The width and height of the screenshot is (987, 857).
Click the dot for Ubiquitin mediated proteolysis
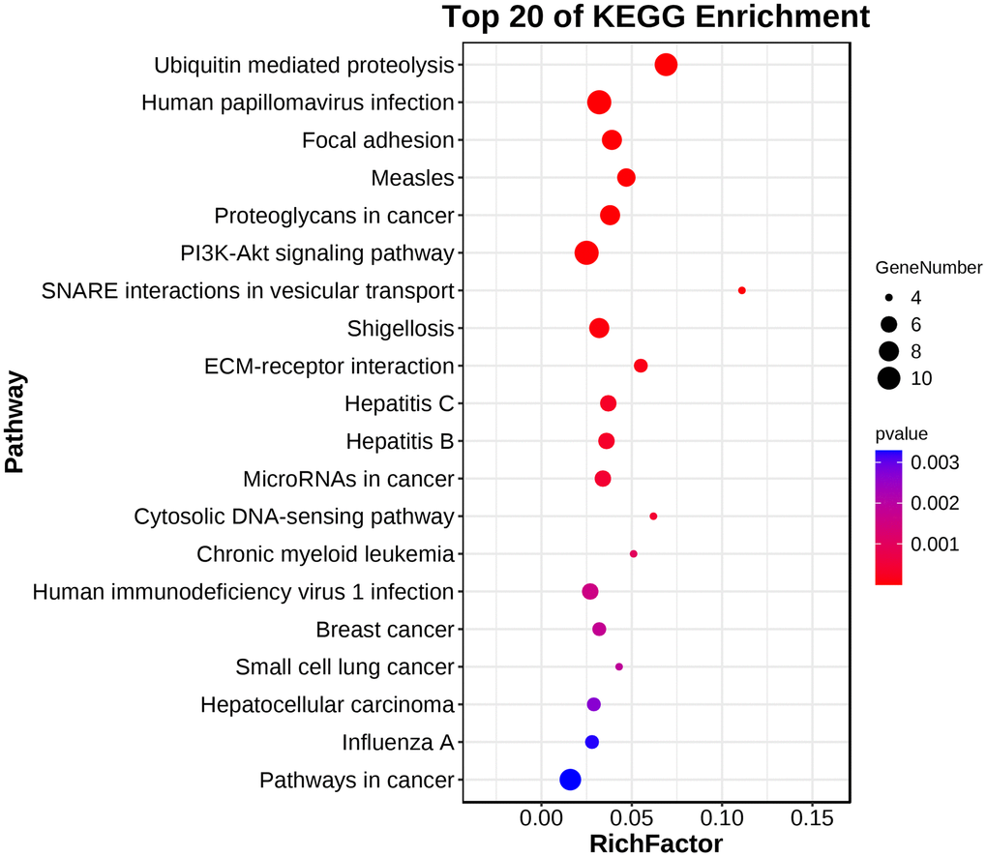666,65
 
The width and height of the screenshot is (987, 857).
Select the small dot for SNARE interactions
742,290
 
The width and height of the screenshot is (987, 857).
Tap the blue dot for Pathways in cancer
570,780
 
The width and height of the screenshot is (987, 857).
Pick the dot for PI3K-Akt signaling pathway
586,253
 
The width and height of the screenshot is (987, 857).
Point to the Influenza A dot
592,742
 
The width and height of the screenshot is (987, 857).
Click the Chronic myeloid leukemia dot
634,554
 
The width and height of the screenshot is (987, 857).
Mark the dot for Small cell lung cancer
619,667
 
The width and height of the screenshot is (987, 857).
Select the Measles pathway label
412,178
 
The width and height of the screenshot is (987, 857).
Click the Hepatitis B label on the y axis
400,442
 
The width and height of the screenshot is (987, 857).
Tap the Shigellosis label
400,329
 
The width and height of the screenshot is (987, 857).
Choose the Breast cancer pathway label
384,631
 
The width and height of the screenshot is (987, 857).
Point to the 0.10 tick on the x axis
722,818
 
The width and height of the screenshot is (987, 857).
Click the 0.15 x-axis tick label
812,818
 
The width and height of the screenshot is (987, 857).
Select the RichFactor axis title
656,843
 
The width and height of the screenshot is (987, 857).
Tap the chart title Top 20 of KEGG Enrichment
656,17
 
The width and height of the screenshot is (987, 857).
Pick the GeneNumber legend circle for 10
889,378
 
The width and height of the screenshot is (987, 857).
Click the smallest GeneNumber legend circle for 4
889,299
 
